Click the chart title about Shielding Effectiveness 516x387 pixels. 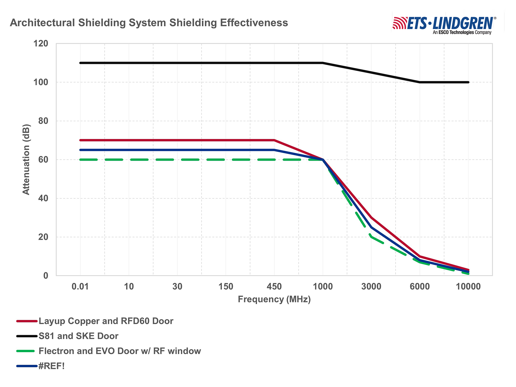point(149,23)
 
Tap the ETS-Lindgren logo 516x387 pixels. point(444,24)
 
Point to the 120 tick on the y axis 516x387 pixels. point(41,44)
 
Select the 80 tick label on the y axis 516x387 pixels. point(41,121)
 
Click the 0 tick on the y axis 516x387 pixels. point(45,276)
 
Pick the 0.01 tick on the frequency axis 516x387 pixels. point(80,286)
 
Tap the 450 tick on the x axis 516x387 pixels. point(274,286)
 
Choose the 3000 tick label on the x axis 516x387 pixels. point(371,286)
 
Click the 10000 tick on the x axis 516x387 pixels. point(468,286)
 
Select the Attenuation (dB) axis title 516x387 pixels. point(26,159)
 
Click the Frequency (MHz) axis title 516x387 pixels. point(274,299)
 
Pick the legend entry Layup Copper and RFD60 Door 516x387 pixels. point(106,321)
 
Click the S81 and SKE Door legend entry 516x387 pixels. point(78,336)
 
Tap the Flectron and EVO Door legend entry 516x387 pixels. point(120,351)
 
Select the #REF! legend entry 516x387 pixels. point(52,366)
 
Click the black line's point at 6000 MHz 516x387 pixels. point(420,82)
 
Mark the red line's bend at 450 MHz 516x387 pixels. point(274,140)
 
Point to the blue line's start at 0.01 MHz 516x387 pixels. point(80,150)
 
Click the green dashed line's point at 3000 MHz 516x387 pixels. point(371,237)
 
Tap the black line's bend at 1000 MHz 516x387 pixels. point(323,63)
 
